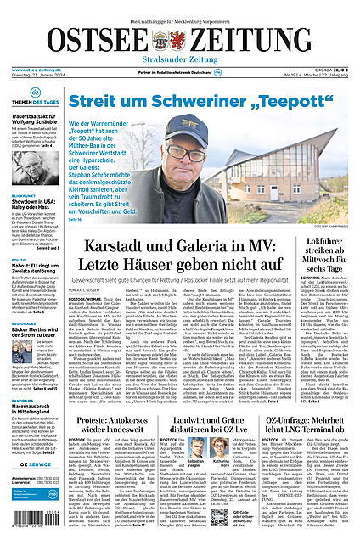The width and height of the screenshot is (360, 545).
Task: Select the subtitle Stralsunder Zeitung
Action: (181, 59)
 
